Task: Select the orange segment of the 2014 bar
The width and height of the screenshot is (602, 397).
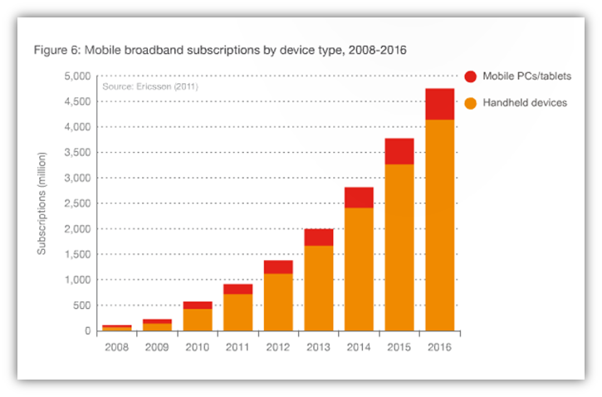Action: click(360, 269)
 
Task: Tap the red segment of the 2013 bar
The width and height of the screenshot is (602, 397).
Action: click(318, 237)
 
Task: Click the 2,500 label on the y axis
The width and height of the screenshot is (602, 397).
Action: click(74, 203)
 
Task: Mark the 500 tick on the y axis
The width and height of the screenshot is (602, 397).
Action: click(79, 306)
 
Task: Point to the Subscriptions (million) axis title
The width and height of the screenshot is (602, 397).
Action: click(42, 203)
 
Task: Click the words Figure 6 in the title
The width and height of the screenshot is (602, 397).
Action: click(57, 51)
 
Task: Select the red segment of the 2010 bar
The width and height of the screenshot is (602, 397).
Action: click(196, 305)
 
